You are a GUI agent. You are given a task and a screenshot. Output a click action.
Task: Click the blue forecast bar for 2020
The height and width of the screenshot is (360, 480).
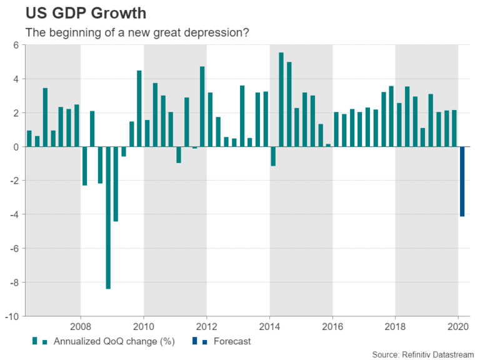[462, 181]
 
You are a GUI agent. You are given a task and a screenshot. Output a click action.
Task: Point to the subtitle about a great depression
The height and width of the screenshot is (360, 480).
[137, 32]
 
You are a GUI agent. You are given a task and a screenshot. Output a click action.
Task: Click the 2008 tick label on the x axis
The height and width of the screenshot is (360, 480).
[81, 326]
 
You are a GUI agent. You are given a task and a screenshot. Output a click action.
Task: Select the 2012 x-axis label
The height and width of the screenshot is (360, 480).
[207, 326]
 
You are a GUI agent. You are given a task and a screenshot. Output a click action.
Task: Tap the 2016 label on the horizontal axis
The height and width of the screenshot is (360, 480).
[332, 326]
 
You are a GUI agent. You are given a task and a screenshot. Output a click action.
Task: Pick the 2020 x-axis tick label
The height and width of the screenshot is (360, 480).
[458, 326]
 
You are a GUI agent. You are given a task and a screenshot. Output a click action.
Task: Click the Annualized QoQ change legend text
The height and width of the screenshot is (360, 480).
[114, 341]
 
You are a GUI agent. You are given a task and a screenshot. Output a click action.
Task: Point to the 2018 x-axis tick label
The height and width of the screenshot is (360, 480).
[395, 326]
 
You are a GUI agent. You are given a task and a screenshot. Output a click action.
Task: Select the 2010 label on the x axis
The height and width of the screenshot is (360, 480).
[144, 326]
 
